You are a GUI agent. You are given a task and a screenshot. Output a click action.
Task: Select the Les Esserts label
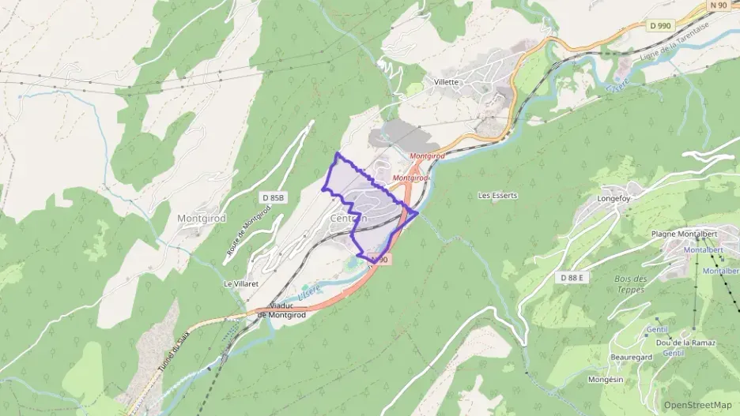click(x=497, y=195)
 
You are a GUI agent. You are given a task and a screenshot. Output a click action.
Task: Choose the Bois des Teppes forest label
click(x=630, y=284)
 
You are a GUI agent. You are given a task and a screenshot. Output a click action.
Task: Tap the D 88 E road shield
click(x=571, y=277)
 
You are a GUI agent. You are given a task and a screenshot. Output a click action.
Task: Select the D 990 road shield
click(x=659, y=26)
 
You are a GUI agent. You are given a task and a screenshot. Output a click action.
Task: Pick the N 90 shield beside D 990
click(x=717, y=5)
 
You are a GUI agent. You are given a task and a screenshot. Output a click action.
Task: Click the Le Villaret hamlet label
click(x=239, y=283)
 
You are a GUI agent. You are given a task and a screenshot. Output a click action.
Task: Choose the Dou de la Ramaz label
click(x=685, y=343)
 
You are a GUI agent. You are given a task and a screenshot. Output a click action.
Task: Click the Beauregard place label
click(x=630, y=358)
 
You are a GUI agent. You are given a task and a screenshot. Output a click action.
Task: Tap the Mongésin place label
click(x=606, y=380)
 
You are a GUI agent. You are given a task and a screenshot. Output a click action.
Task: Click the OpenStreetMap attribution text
click(x=697, y=405)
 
